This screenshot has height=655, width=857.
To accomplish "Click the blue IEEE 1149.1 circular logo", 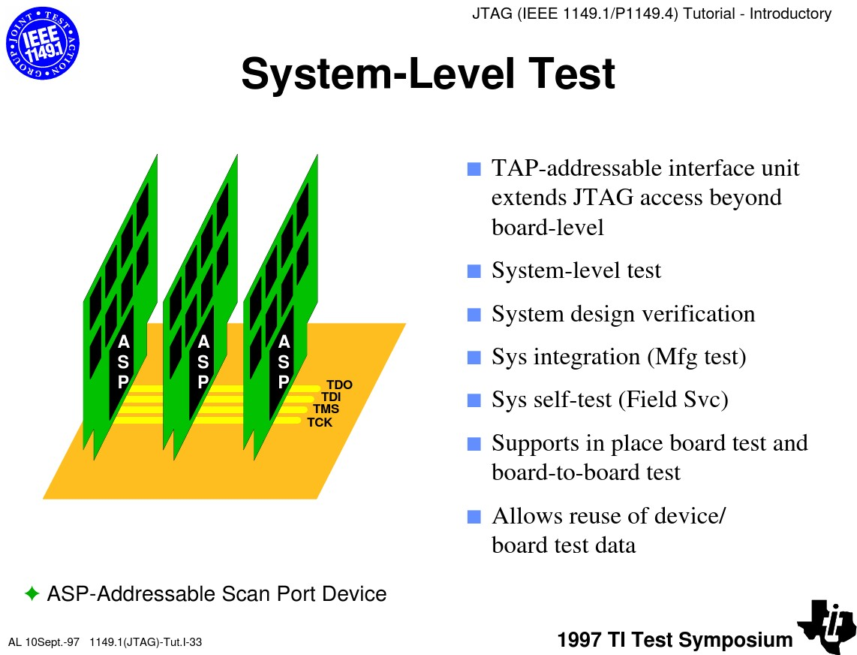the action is (x=43, y=44).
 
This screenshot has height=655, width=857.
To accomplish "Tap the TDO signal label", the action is (x=339, y=385).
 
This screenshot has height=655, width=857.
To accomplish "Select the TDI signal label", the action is (x=331, y=397).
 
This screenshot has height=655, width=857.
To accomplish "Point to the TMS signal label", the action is (x=326, y=409).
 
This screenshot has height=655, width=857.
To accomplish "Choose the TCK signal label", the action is (x=320, y=422).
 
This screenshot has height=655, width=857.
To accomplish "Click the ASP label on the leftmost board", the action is (x=124, y=362).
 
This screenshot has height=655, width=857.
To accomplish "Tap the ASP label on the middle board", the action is (x=203, y=362).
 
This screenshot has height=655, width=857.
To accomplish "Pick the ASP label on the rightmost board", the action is (x=284, y=362).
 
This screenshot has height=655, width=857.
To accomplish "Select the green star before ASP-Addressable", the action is (x=32, y=593).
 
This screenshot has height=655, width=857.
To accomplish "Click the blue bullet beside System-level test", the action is (x=474, y=271).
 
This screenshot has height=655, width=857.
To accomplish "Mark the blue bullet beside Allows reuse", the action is (x=474, y=517).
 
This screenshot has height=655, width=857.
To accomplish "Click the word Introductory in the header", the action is (x=790, y=14).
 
